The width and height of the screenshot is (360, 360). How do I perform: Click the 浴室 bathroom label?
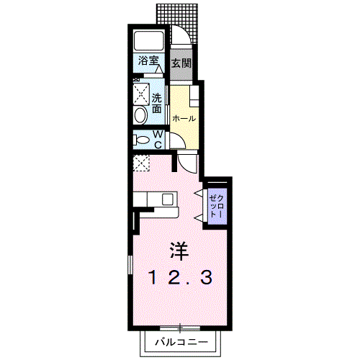click(x=148, y=62)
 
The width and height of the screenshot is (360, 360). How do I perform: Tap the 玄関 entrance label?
click(x=181, y=63)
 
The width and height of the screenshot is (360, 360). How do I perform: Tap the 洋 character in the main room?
click(x=179, y=251)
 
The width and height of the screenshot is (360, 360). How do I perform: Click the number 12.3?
click(x=181, y=277)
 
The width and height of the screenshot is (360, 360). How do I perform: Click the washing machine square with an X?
click(x=140, y=94)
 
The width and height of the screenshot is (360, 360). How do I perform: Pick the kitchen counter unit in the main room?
click(x=155, y=201)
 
